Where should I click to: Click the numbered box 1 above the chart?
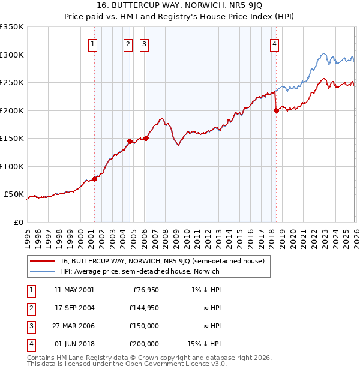pos(94,43)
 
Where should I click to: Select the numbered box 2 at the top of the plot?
pos(128,43)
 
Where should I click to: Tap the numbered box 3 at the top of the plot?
pos(145,43)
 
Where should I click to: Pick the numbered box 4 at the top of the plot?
pos(274,43)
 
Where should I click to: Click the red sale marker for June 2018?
pos(276,110)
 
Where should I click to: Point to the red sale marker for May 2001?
pos(94,179)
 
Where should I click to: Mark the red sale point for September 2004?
pos(130,141)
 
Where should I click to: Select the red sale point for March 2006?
pos(146,138)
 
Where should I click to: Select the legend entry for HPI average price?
pos(140,271)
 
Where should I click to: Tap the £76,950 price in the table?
pos(146,290)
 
